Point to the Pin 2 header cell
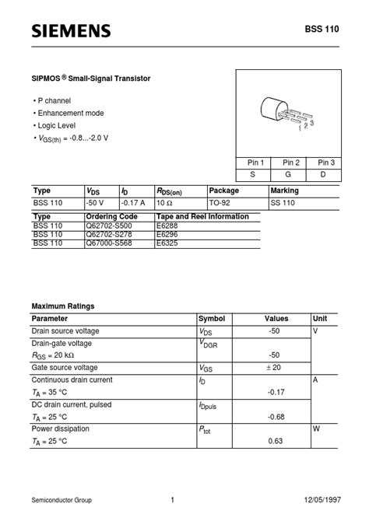point(291,163)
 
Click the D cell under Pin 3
point(326,175)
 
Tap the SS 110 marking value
point(283,203)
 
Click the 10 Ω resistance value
point(165,203)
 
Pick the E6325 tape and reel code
point(168,243)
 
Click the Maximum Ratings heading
point(62,306)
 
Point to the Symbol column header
point(212,319)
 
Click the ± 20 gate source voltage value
point(274,368)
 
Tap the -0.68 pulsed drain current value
point(276,418)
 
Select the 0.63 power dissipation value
point(276,442)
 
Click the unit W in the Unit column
point(317,429)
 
